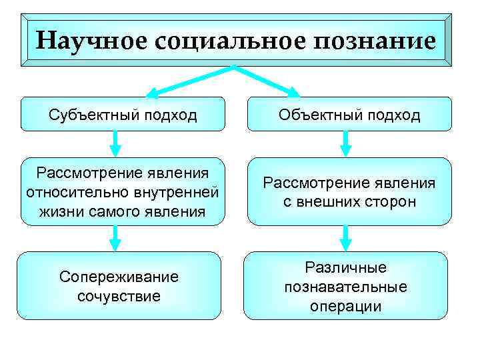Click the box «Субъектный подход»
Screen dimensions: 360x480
pyautogui.click(x=123, y=114)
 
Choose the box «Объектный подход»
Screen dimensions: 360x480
pyautogui.click(x=349, y=114)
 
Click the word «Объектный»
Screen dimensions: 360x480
pyautogui.click(x=321, y=115)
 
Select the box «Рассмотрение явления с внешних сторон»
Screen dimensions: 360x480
pyautogui.click(x=349, y=192)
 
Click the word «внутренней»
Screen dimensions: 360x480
pyautogui.click(x=177, y=193)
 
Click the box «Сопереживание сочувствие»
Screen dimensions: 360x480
pyautogui.click(x=119, y=285)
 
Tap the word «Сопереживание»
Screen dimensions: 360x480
pyautogui.click(x=119, y=277)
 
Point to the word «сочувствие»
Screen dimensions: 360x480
pyautogui.click(x=119, y=295)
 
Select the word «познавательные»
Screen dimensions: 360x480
pyautogui.click(x=345, y=287)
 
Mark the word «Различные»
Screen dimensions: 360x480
pyautogui.click(x=345, y=268)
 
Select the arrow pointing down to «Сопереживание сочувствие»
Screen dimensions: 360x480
pyautogui.click(x=115, y=238)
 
